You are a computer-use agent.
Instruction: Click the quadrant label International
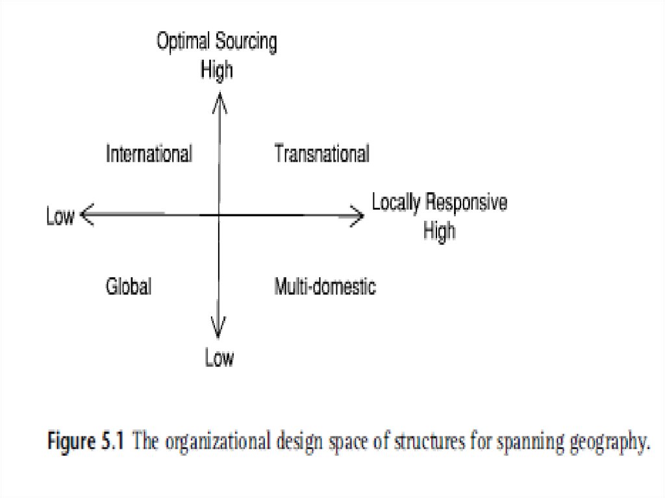pyautogui.click(x=149, y=155)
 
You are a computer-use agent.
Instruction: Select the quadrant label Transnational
pyautogui.click(x=321, y=155)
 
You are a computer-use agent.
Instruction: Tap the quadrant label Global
pyautogui.click(x=129, y=286)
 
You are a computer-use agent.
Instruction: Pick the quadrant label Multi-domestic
pyautogui.click(x=325, y=286)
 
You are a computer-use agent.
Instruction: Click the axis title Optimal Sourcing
pyautogui.click(x=217, y=43)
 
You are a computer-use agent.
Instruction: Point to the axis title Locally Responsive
pyautogui.click(x=439, y=203)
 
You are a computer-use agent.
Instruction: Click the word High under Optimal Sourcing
pyautogui.click(x=217, y=69)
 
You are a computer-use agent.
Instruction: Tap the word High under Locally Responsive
pyautogui.click(x=440, y=230)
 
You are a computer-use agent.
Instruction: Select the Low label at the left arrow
pyautogui.click(x=60, y=216)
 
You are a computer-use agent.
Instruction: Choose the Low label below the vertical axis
pyautogui.click(x=219, y=358)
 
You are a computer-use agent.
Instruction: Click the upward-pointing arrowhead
pyautogui.click(x=220, y=101)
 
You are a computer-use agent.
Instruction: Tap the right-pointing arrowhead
pyautogui.click(x=357, y=215)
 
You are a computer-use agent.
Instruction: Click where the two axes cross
pyautogui.click(x=219, y=214)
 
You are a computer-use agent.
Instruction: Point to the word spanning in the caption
pyautogui.click(x=526, y=443)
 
